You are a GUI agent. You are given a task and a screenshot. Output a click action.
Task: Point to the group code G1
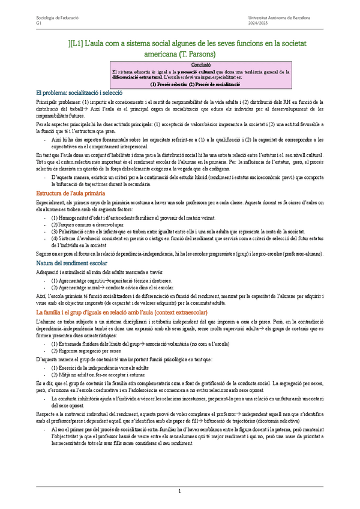(39, 24)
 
